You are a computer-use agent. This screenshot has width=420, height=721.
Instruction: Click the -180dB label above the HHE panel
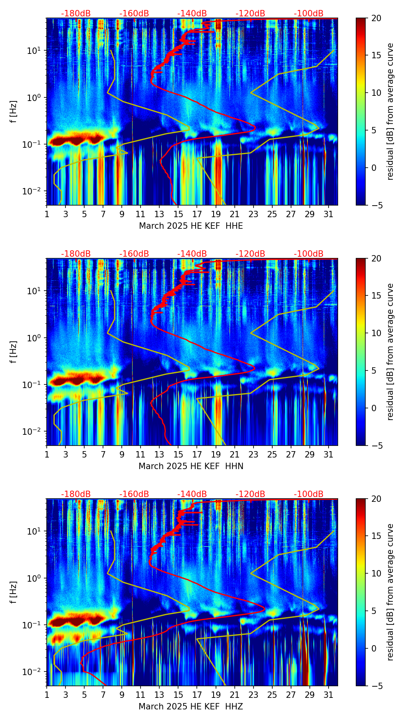pos(76,14)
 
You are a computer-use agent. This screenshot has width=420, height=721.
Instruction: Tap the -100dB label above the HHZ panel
pos(309,494)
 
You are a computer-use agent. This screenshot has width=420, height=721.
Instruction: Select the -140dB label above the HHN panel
pos(192,254)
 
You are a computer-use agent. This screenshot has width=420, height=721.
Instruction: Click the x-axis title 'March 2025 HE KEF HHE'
pos(191,226)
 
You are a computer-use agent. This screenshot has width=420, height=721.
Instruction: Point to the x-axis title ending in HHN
pos(191,466)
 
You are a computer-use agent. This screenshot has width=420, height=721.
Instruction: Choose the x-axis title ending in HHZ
pos(191,707)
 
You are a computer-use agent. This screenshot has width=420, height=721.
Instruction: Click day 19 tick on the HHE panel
pos(216,214)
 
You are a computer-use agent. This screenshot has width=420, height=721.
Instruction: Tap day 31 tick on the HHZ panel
pos(328,695)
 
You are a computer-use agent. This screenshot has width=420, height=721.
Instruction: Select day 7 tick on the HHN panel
pos(103,454)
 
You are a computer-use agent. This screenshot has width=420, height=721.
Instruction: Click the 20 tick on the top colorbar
pos(376,18)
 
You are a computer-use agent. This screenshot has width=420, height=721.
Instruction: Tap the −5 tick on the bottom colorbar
pos(376,686)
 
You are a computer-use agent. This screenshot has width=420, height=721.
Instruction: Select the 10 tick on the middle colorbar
pos(376,333)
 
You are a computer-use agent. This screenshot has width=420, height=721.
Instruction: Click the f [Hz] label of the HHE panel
pos(14,112)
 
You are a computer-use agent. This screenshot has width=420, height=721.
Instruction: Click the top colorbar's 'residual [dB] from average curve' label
pos(390,112)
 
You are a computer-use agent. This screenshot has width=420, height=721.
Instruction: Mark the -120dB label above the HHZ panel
pos(250,494)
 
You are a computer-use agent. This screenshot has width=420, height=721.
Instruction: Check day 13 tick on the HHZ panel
pos(159,695)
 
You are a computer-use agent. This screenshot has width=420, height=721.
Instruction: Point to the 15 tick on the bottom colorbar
pos(376,536)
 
